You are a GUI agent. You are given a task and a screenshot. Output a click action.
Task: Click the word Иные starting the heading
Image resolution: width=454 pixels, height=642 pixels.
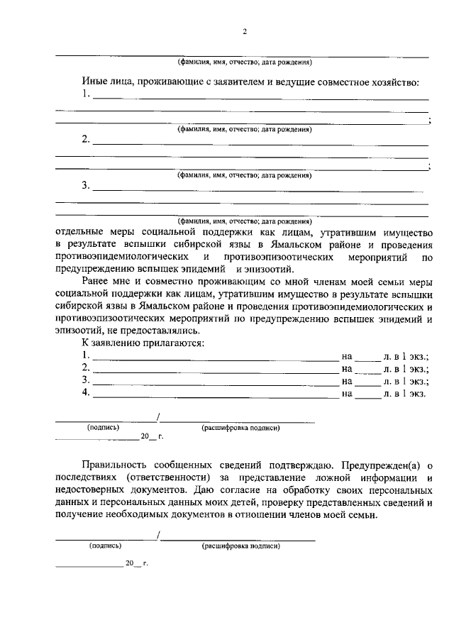coord(95,82)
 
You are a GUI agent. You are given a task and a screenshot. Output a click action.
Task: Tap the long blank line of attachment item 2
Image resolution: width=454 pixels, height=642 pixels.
coord(216,370)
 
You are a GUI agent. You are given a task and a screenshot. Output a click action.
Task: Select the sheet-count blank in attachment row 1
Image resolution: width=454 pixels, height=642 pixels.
coord(367,358)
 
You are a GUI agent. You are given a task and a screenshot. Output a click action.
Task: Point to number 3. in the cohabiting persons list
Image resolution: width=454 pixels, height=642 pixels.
coord(86,186)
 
